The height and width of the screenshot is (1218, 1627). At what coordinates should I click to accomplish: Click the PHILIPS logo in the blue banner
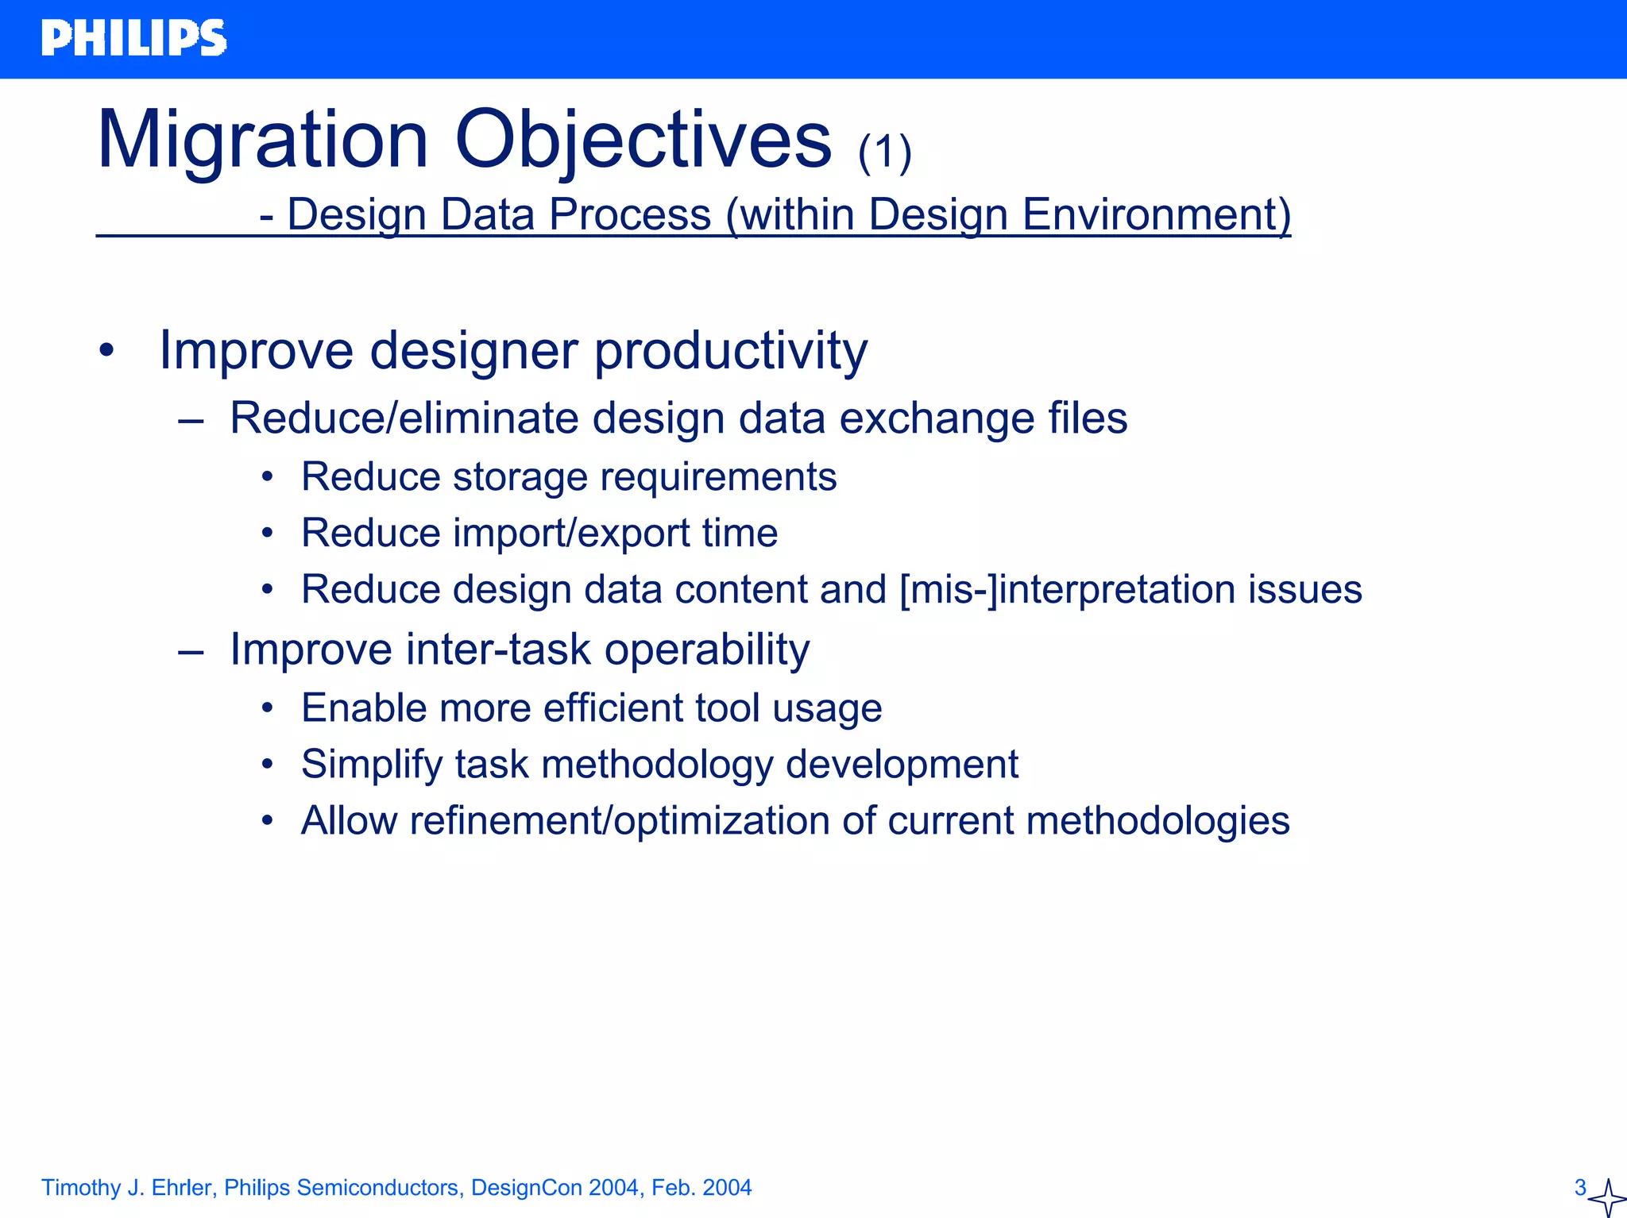click(x=133, y=38)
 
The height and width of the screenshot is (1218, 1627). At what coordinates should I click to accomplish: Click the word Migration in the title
click(x=262, y=141)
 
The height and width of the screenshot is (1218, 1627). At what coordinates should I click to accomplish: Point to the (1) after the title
click(x=884, y=152)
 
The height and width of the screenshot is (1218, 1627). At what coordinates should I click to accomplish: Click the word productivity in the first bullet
click(x=731, y=350)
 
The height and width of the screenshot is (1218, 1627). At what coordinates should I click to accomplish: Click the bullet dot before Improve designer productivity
click(x=107, y=350)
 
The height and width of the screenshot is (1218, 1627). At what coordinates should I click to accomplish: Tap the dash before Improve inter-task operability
click(x=191, y=651)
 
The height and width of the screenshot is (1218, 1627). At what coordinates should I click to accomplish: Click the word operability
click(x=707, y=649)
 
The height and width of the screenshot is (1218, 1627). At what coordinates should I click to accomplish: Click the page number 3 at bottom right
click(x=1579, y=1187)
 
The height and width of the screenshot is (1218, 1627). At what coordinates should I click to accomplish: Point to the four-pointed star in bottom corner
click(x=1607, y=1197)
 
